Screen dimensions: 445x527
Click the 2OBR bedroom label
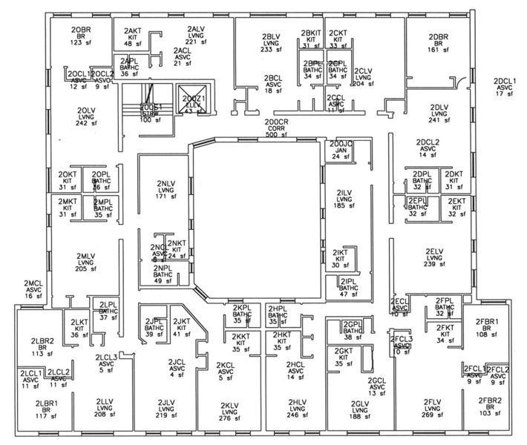[80, 36]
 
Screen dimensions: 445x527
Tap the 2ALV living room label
[196, 36]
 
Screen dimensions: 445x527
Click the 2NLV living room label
[166, 190]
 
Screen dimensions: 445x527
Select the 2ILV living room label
[342, 199]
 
